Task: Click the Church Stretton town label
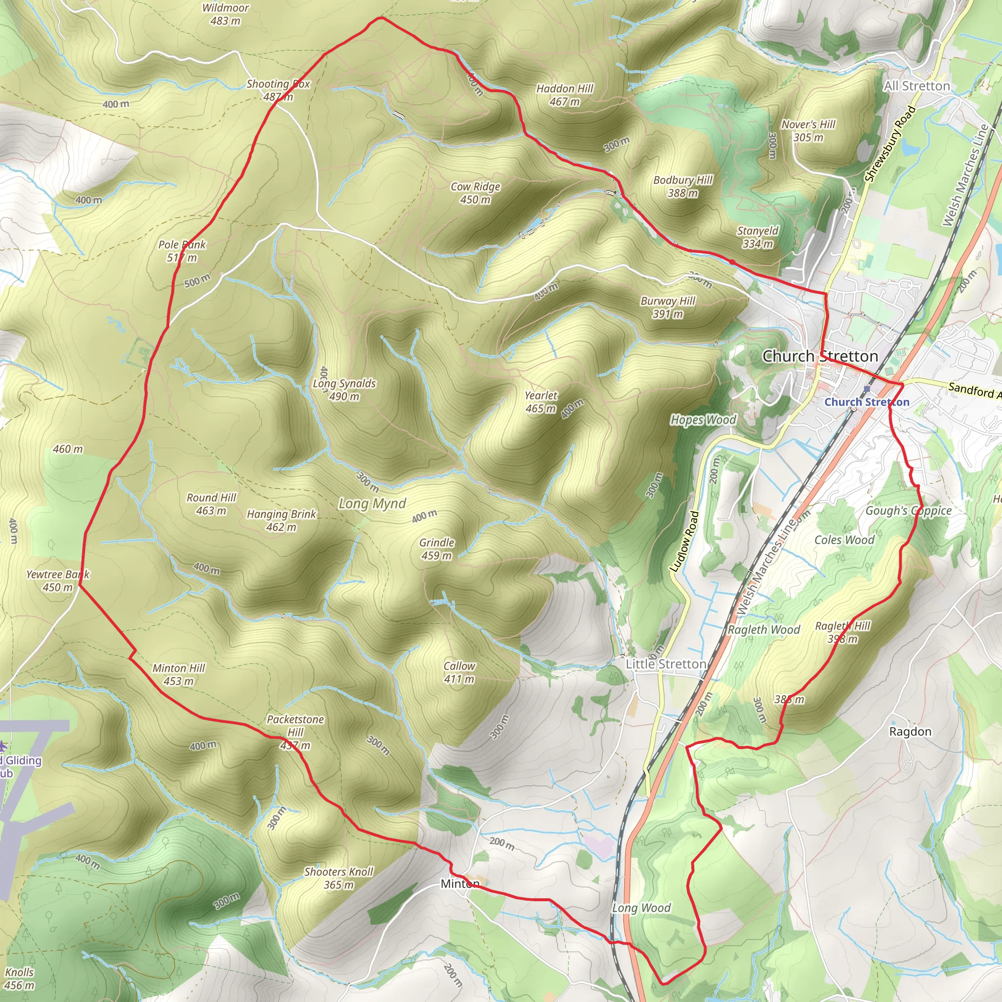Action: click(x=820, y=356)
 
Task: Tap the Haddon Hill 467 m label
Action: click(x=564, y=95)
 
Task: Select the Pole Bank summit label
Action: click(x=182, y=251)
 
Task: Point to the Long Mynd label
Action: click(x=372, y=503)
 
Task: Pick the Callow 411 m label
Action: click(x=459, y=672)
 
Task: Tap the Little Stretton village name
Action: click(x=665, y=664)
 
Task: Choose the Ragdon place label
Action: click(x=910, y=731)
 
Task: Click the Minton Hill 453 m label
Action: click(x=179, y=674)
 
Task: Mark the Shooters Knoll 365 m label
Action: click(x=338, y=878)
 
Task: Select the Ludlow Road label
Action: click(x=684, y=542)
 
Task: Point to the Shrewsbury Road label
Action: click(x=890, y=144)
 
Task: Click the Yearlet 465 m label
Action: click(x=541, y=402)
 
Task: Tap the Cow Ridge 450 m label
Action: click(x=475, y=193)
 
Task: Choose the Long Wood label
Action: click(x=641, y=908)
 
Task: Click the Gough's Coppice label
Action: click(x=908, y=511)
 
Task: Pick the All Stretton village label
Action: click(x=917, y=86)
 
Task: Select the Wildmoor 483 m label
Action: click(x=225, y=14)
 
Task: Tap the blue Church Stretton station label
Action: click(x=866, y=402)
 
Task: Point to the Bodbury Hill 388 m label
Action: click(x=683, y=186)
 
